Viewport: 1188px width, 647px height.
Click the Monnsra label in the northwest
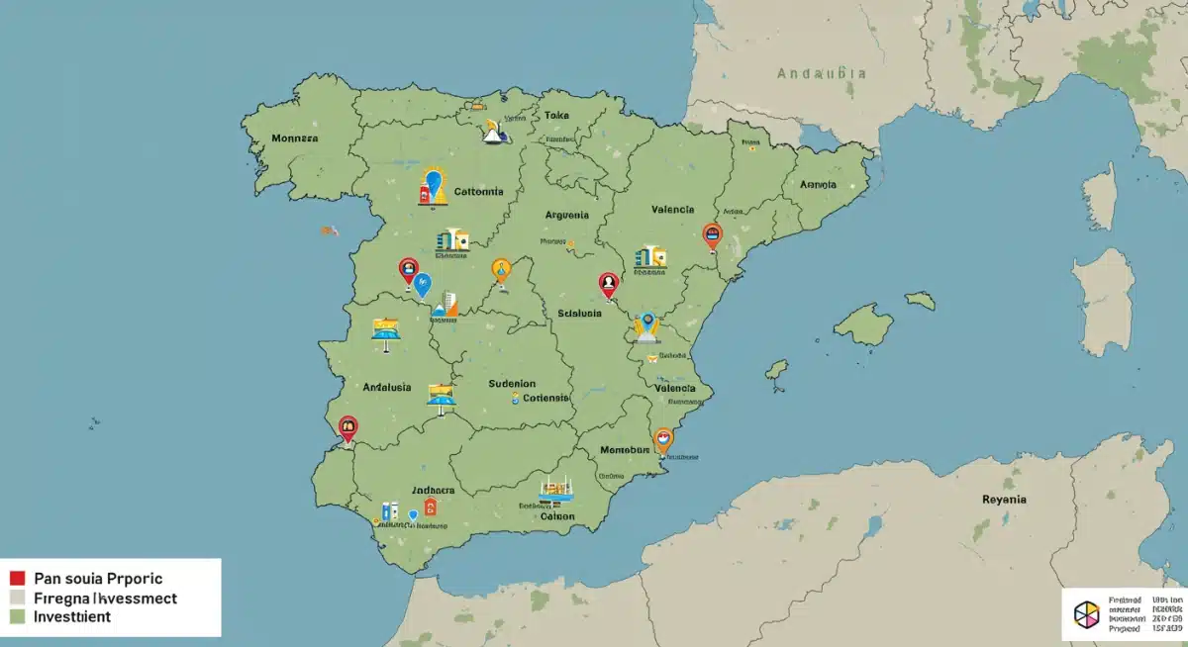pos(293,139)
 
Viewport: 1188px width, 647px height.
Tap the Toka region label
pos(557,115)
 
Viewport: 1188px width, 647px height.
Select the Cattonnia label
pos(478,191)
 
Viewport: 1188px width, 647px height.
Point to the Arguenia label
pos(566,215)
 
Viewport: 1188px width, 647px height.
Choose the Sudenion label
pos(512,383)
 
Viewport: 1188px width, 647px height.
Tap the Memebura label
pos(625,449)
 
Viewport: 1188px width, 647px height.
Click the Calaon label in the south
pos(557,515)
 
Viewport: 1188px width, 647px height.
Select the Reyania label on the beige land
pos(1004,500)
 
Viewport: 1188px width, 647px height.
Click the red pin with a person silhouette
pos(608,285)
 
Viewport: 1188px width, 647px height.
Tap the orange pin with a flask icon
pos(501,269)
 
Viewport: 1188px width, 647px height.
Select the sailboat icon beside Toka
pos(492,132)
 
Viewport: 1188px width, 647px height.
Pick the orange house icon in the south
pos(430,507)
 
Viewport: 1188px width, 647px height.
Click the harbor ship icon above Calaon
pos(556,488)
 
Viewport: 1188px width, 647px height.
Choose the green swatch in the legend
pos(16,616)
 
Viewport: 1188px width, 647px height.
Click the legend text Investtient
pos(72,616)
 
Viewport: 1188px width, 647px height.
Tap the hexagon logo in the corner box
pos(1086,613)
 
